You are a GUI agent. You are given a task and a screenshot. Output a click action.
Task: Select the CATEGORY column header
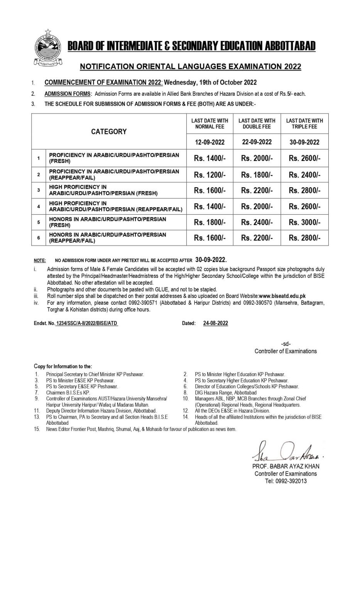click(109, 132)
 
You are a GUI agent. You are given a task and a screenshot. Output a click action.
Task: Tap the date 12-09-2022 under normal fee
click(210, 142)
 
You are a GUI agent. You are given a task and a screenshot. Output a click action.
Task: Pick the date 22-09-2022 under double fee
click(257, 142)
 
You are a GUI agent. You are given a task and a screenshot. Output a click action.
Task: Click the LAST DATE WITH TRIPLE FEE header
click(304, 124)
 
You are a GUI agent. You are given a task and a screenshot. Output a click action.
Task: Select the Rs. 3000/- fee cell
click(304, 222)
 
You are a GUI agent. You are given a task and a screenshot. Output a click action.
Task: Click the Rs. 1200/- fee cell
click(210, 175)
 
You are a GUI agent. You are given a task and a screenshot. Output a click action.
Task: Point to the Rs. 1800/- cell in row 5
click(210, 222)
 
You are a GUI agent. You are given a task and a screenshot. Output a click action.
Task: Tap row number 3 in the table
click(39, 190)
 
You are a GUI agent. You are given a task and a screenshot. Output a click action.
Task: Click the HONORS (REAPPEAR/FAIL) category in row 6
click(107, 238)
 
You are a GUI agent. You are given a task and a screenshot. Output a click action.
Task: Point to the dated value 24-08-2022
click(215, 324)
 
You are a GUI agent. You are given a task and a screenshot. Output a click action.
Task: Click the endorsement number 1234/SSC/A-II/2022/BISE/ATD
click(86, 324)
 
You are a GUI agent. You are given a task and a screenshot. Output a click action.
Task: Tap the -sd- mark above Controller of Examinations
click(286, 344)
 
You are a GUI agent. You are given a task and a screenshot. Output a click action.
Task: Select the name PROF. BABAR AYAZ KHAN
click(286, 466)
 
